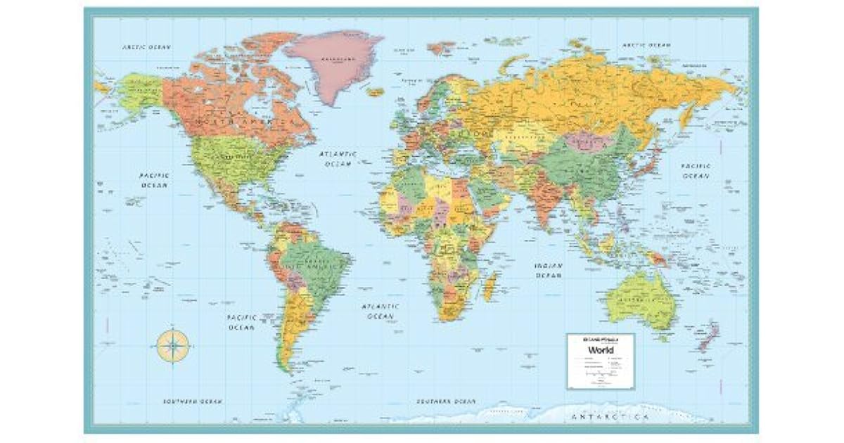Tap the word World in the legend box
pos(600,349)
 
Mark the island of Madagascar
pos(490,286)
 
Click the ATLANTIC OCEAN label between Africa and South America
pos(381,312)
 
